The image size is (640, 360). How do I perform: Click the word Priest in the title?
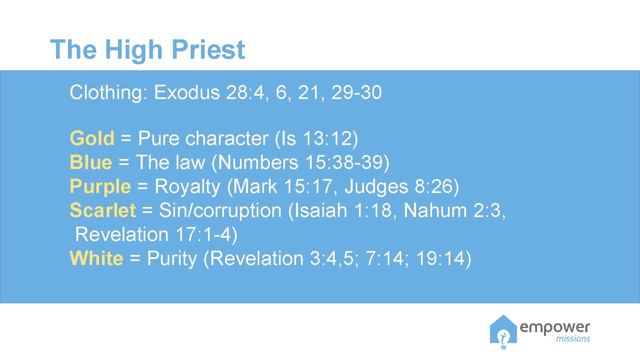coord(208,50)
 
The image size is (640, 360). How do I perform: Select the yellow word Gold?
coord(92,138)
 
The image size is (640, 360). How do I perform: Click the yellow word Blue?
coord(91,162)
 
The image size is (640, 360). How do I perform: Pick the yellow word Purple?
coord(100,186)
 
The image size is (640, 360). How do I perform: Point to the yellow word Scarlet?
coord(103,210)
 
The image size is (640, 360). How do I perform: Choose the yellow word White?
coord(96,258)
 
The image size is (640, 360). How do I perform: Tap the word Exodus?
coord(187,92)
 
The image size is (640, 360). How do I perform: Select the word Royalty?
coord(187,186)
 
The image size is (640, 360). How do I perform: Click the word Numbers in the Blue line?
coord(258,162)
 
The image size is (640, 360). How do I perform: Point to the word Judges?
coord(376,186)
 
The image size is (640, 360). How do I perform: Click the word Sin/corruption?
coord(220,210)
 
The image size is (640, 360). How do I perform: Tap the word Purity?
coord(172,258)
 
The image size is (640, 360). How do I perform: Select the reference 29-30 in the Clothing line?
coord(356,92)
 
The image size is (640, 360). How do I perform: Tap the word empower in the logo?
coord(555,327)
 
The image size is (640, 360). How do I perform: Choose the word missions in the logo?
coord(573,339)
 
